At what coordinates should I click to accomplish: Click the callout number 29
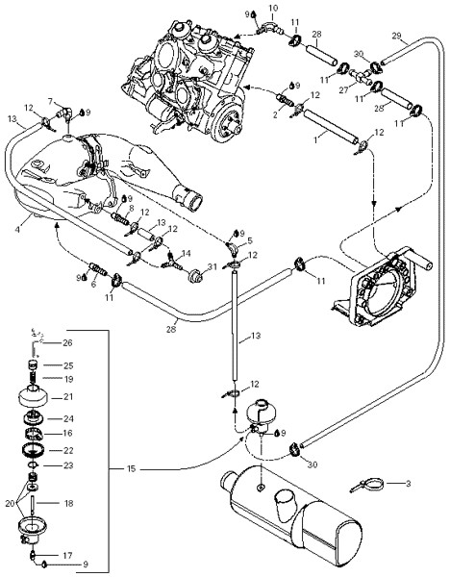click(396, 36)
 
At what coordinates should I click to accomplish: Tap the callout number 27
click(343, 90)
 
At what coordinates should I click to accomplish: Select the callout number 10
click(273, 8)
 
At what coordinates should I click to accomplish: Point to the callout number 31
click(212, 266)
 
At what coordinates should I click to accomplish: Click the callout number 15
click(132, 469)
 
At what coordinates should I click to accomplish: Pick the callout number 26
click(67, 343)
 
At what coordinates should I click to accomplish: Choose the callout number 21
click(68, 397)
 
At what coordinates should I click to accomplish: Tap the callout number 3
click(408, 483)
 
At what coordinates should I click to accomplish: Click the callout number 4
click(17, 229)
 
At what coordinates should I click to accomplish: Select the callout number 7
click(51, 101)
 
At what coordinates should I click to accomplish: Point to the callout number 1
click(316, 140)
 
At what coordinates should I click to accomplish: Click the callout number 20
click(11, 503)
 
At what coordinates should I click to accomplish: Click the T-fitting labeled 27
click(360, 76)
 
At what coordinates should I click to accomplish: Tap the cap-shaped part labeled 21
click(34, 396)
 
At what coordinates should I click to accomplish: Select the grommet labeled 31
click(194, 277)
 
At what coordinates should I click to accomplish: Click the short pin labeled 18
click(33, 504)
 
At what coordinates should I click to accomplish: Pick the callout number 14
click(187, 253)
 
